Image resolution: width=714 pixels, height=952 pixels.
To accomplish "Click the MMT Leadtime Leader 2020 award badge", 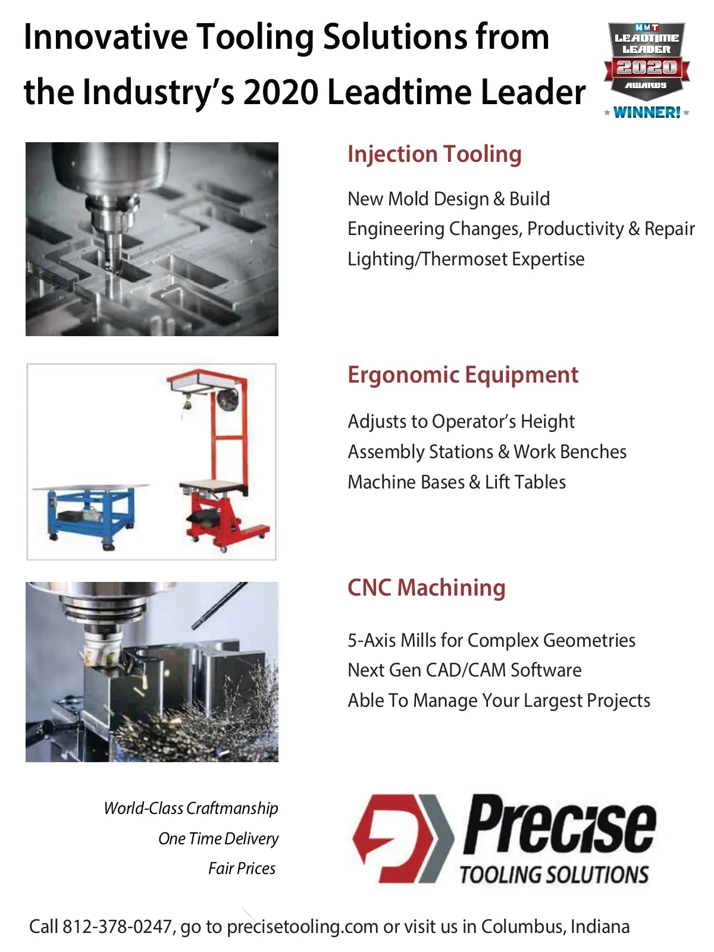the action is point(646,63).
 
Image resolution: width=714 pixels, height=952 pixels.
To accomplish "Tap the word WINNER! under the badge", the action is point(647,113).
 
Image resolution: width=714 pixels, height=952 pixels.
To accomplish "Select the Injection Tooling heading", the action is point(434,155).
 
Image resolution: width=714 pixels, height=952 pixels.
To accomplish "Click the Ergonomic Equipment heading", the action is point(463,375).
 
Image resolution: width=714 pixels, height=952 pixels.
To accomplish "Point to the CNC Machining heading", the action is point(427,588).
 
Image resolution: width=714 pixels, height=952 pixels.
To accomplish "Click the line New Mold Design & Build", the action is point(449,199).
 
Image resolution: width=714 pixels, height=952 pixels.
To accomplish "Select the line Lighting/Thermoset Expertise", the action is point(466,259).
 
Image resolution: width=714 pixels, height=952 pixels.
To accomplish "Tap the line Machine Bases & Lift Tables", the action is point(457,482).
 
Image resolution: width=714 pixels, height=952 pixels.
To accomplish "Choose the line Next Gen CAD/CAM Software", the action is point(465,670).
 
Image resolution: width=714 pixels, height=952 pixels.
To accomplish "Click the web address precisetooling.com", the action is point(302,927).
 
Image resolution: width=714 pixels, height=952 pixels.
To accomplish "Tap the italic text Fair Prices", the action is point(242,869).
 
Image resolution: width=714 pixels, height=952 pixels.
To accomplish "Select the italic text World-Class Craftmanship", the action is point(191,809).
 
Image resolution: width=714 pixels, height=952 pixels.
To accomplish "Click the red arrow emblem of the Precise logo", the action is point(403,839).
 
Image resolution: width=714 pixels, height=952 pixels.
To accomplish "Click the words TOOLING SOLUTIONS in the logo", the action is point(555,875).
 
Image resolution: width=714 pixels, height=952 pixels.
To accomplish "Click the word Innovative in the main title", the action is point(106,37).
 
